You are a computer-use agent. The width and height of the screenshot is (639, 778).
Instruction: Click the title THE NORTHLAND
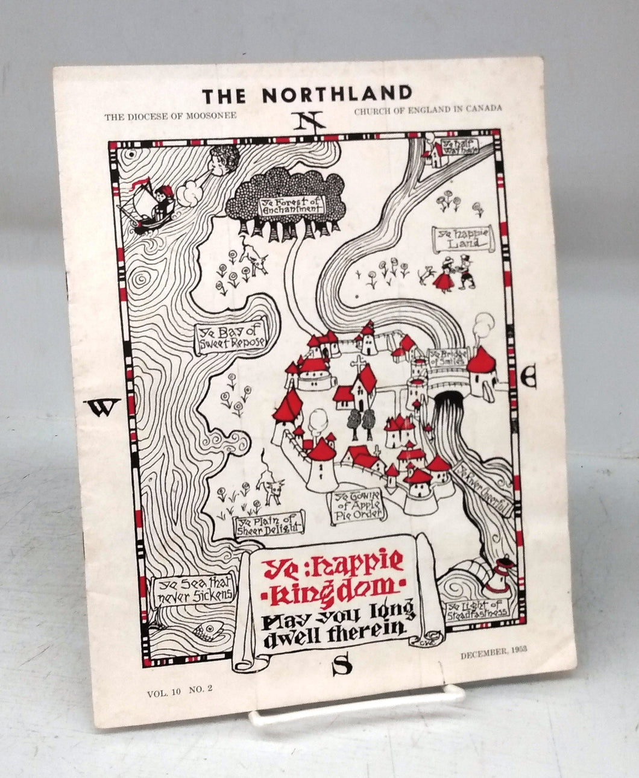tap(307, 95)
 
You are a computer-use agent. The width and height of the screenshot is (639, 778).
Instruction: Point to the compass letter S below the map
tap(342, 665)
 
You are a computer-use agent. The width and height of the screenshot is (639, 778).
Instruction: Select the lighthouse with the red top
tap(500, 576)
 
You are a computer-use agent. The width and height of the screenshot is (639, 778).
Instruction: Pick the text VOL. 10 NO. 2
tap(180, 692)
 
